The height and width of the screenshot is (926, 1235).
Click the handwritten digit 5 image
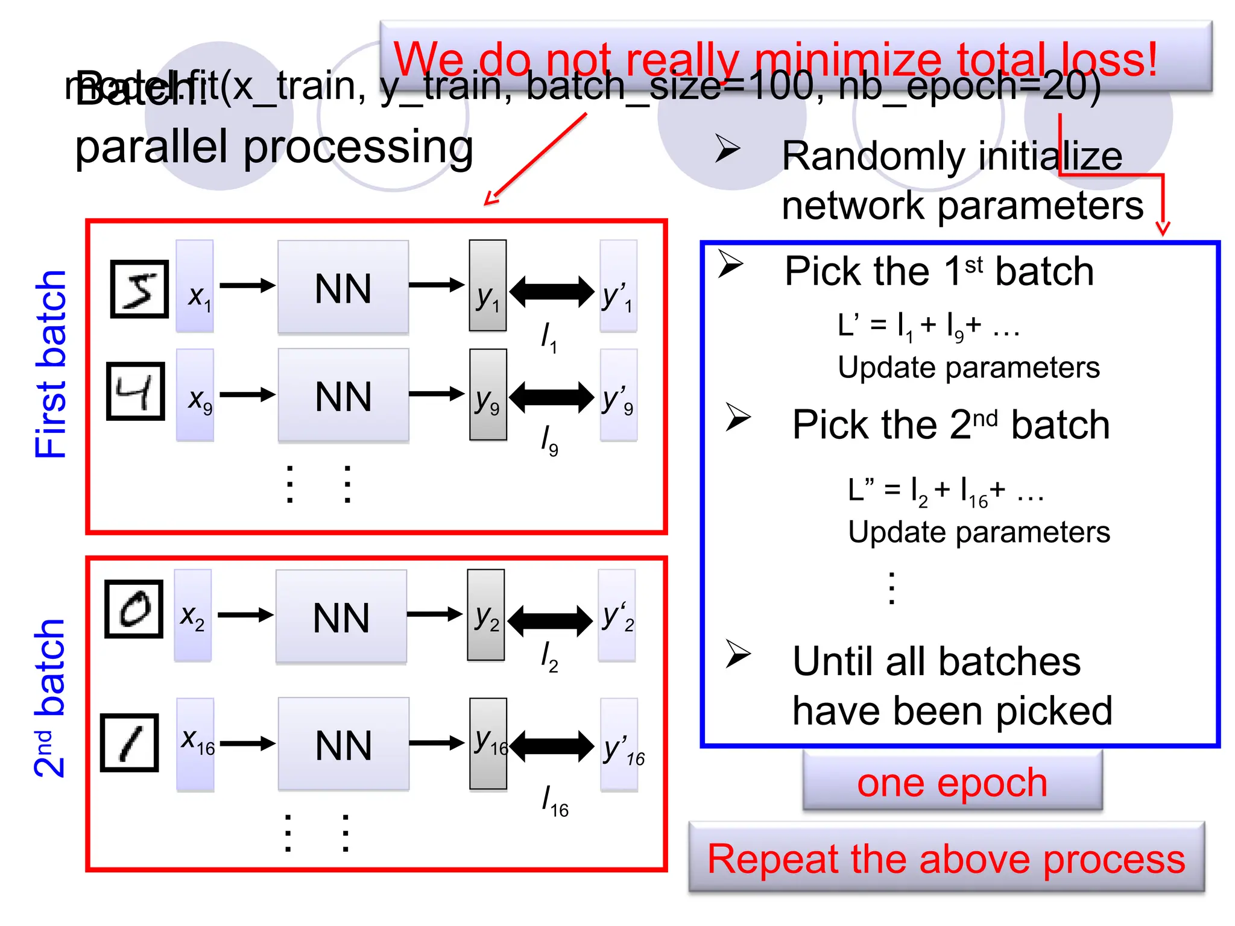[139, 289]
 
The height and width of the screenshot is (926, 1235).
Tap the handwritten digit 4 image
[136, 391]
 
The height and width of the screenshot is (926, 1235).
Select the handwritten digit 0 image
[134, 609]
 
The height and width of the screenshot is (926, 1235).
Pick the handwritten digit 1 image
[130, 743]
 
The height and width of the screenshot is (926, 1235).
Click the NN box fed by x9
[343, 395]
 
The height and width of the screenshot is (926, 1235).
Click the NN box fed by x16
[343, 744]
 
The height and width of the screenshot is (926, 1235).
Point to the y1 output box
[487, 286]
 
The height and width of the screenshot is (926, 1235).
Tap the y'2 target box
[617, 616]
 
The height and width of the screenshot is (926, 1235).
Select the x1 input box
[195, 286]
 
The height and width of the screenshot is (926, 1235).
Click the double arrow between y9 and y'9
[552, 397]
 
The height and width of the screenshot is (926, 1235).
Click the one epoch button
[952, 782]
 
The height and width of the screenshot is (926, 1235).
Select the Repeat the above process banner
[946, 858]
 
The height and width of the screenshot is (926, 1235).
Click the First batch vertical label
[51, 365]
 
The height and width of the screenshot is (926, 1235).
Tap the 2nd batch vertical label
[49, 698]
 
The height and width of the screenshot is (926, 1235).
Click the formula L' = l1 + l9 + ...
[928, 327]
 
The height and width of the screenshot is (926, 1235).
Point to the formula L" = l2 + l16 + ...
[945, 491]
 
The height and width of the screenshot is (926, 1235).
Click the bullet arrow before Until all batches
[738, 654]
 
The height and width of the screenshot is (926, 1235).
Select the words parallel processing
[274, 147]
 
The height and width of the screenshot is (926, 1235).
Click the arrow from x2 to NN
[245, 615]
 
